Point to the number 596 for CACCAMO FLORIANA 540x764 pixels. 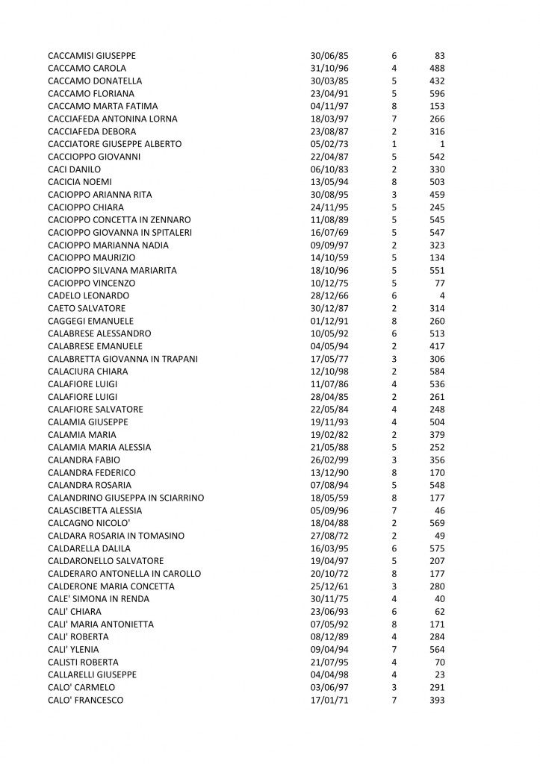[437, 94]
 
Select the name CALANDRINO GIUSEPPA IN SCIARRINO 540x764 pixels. [125, 498]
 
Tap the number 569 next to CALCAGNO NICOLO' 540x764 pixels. [437, 523]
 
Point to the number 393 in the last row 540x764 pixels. [437, 700]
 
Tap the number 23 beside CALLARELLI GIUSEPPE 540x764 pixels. [440, 674]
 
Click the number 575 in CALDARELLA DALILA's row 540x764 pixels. [437, 548]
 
